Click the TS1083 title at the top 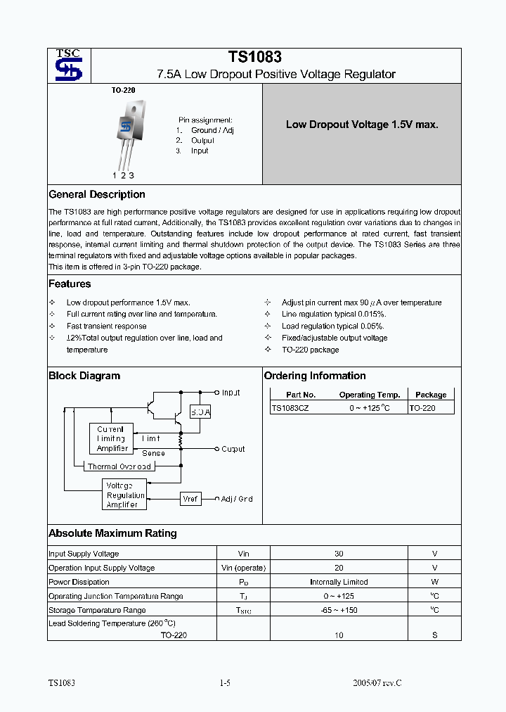click(x=254, y=57)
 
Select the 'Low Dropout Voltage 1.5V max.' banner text click(x=362, y=125)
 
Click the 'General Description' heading click(x=97, y=195)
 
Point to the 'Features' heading click(x=70, y=284)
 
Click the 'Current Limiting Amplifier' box click(x=112, y=438)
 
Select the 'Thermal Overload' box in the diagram click(x=119, y=466)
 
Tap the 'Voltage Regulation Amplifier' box click(x=125, y=495)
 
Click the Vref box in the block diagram click(x=190, y=499)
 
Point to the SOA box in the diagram click(x=200, y=412)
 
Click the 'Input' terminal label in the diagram click(x=231, y=393)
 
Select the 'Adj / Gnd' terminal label click(x=237, y=499)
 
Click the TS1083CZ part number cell click(x=290, y=408)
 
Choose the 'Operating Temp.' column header click(x=369, y=395)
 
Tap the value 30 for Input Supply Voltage click(x=339, y=554)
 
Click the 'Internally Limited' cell click(x=339, y=582)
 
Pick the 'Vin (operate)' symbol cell click(x=243, y=568)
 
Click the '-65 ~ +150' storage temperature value click(x=339, y=610)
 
